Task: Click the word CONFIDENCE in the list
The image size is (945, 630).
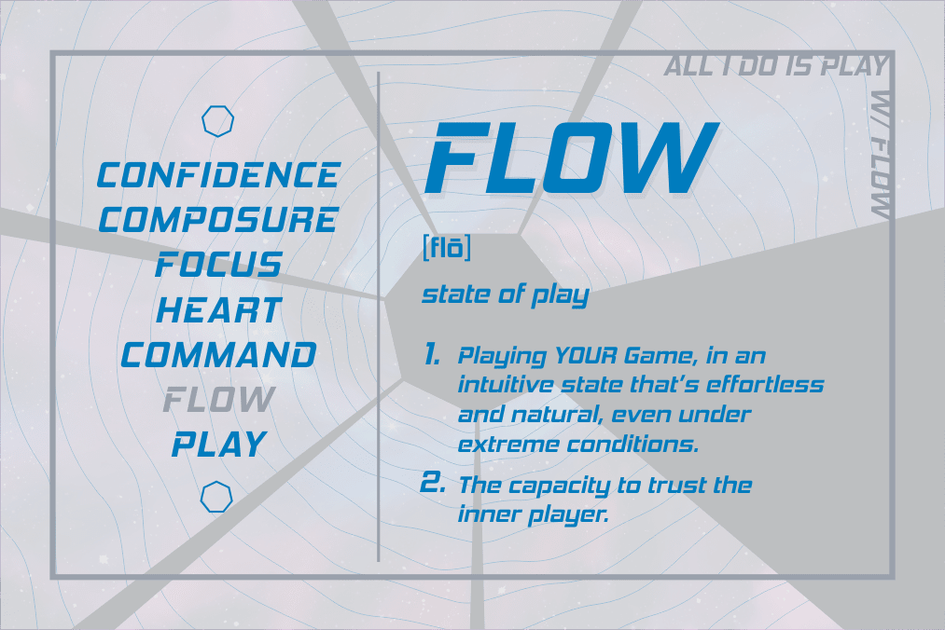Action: pyautogui.click(x=219, y=174)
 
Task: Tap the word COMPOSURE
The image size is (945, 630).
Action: pyautogui.click(x=218, y=219)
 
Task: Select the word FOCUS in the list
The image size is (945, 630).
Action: pyautogui.click(x=219, y=265)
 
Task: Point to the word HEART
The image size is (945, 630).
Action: pyautogui.click(x=219, y=310)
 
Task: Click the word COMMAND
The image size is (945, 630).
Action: pyautogui.click(x=219, y=355)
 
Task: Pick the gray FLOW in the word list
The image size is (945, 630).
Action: pyautogui.click(x=219, y=400)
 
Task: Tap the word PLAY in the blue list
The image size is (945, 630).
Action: pyautogui.click(x=219, y=445)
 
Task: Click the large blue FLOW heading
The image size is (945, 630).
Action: pyautogui.click(x=571, y=157)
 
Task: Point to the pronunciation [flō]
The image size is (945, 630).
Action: pyautogui.click(x=447, y=248)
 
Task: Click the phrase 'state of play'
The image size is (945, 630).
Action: pyautogui.click(x=505, y=295)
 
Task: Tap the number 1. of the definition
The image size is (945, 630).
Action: pyautogui.click(x=432, y=354)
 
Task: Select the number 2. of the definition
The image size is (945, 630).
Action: pyautogui.click(x=432, y=483)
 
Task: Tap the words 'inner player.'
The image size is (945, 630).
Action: pyautogui.click(x=534, y=514)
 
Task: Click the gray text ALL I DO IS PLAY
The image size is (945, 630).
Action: pyautogui.click(x=776, y=65)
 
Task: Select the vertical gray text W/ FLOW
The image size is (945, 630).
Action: pyautogui.click(x=882, y=154)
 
